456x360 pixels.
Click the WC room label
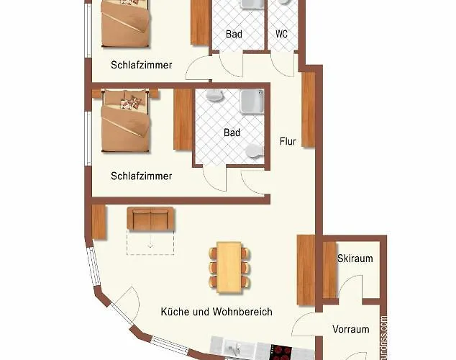point(282,34)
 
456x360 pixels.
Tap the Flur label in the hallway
point(288,141)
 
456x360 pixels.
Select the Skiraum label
point(355,258)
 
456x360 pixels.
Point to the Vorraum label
point(350,329)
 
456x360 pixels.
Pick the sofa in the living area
point(150,219)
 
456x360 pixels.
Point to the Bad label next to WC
point(233,34)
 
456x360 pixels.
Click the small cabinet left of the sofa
point(99,222)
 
